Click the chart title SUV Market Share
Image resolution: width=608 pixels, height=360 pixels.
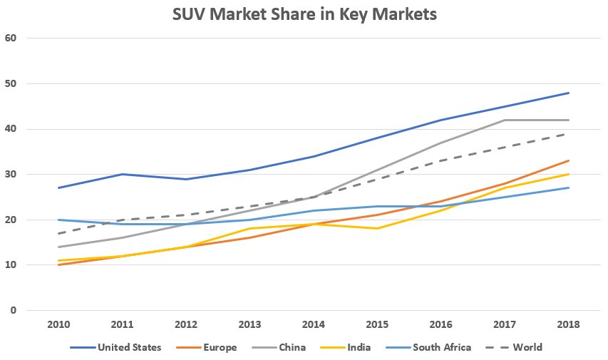[304, 14]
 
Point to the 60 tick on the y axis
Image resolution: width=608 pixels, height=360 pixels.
[10, 38]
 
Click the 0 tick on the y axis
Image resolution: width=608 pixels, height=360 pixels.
[12, 310]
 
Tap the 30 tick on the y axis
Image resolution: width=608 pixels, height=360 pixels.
[10, 174]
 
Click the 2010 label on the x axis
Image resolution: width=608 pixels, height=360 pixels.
[58, 325]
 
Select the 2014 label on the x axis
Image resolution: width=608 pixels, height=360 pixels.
[314, 325]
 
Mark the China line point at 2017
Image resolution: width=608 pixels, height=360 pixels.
[505, 120]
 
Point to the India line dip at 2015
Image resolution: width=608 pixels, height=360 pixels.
[377, 229]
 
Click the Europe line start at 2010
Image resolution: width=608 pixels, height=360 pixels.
[58, 265]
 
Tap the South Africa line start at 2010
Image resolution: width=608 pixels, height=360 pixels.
[58, 220]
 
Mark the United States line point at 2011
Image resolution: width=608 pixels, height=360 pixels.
[122, 174]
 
